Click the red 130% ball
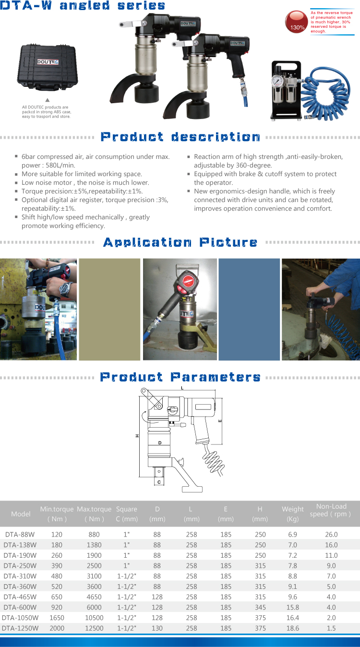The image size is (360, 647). pos(296,22)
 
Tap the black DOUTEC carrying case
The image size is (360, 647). pos(48,67)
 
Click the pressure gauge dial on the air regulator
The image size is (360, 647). pos(279,81)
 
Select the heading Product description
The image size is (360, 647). pos(180,137)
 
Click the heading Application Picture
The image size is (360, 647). pos(180,242)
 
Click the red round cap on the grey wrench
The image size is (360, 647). pos(188,280)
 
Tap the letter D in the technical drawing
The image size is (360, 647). pos(160,443)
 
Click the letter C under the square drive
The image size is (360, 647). pos(159,482)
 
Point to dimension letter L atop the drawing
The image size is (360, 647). pos(182,388)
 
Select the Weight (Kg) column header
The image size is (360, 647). pos(293,514)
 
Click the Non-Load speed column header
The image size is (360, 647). pos(331,510)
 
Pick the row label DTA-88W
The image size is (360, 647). pos(20,534)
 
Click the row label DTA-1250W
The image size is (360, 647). pos(20,628)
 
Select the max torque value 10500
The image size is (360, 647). pos(94,618)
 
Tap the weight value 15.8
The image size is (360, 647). pos(293,607)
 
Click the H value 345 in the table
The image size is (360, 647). pos(260,607)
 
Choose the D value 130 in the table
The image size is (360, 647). pos(157,628)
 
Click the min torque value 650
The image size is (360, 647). pos(57,597)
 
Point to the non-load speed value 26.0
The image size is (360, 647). pos(331,534)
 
